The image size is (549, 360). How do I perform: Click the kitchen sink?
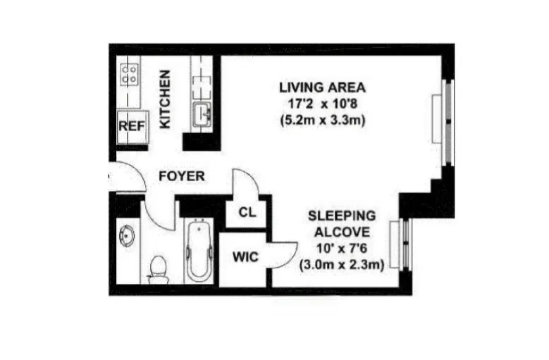[202, 113]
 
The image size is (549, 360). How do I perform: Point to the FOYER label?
[181, 176]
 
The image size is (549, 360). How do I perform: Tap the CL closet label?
[247, 211]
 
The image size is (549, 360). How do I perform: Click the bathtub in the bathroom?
[200, 252]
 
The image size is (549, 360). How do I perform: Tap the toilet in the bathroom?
[159, 268]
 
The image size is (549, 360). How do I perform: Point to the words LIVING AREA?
[322, 88]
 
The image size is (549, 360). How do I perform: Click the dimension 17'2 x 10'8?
[322, 104]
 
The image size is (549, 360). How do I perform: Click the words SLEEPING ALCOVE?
[342, 223]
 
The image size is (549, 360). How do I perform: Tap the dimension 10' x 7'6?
[342, 248]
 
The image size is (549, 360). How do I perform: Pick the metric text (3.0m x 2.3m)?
[342, 265]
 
